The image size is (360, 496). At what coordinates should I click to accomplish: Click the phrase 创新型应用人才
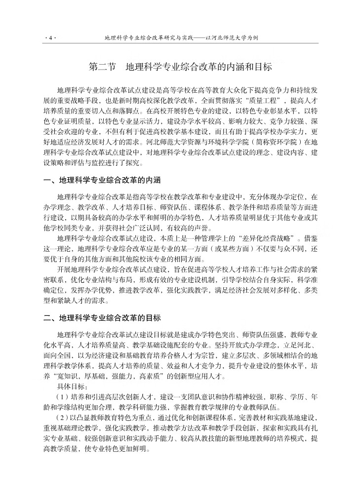coord(200,375)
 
